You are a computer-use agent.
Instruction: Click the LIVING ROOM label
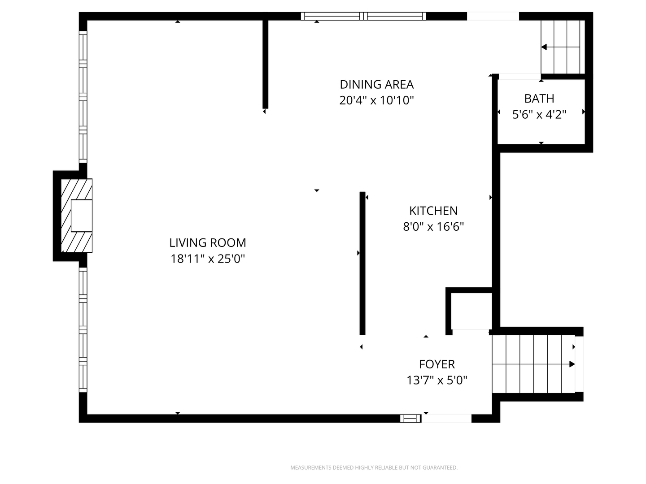pos(208,243)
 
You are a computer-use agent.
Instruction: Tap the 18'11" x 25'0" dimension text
pos(208,259)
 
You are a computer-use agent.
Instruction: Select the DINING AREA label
pos(376,85)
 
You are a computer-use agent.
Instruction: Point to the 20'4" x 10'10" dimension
pos(376,100)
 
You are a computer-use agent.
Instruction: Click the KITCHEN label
pos(433,211)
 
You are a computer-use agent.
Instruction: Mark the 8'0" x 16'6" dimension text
pos(433,227)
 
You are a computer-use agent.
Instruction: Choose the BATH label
pos(539,99)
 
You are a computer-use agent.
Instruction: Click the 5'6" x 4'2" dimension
pos(539,115)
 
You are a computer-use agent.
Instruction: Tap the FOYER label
pos(437,364)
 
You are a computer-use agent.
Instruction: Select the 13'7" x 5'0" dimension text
pos(437,380)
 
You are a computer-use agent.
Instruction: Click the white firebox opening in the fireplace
pos(82,216)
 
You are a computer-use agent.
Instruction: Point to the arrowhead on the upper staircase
pos(544,47)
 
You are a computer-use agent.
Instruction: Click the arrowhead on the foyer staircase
pos(572,364)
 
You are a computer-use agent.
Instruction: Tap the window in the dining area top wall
pos(363,16)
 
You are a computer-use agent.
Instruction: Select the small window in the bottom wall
pos(410,419)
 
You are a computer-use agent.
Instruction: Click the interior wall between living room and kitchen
pos(362,264)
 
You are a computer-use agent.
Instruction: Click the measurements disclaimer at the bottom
pos(374,467)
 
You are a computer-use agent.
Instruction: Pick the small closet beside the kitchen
pos(471,311)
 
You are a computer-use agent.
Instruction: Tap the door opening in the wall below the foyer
pos(446,419)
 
